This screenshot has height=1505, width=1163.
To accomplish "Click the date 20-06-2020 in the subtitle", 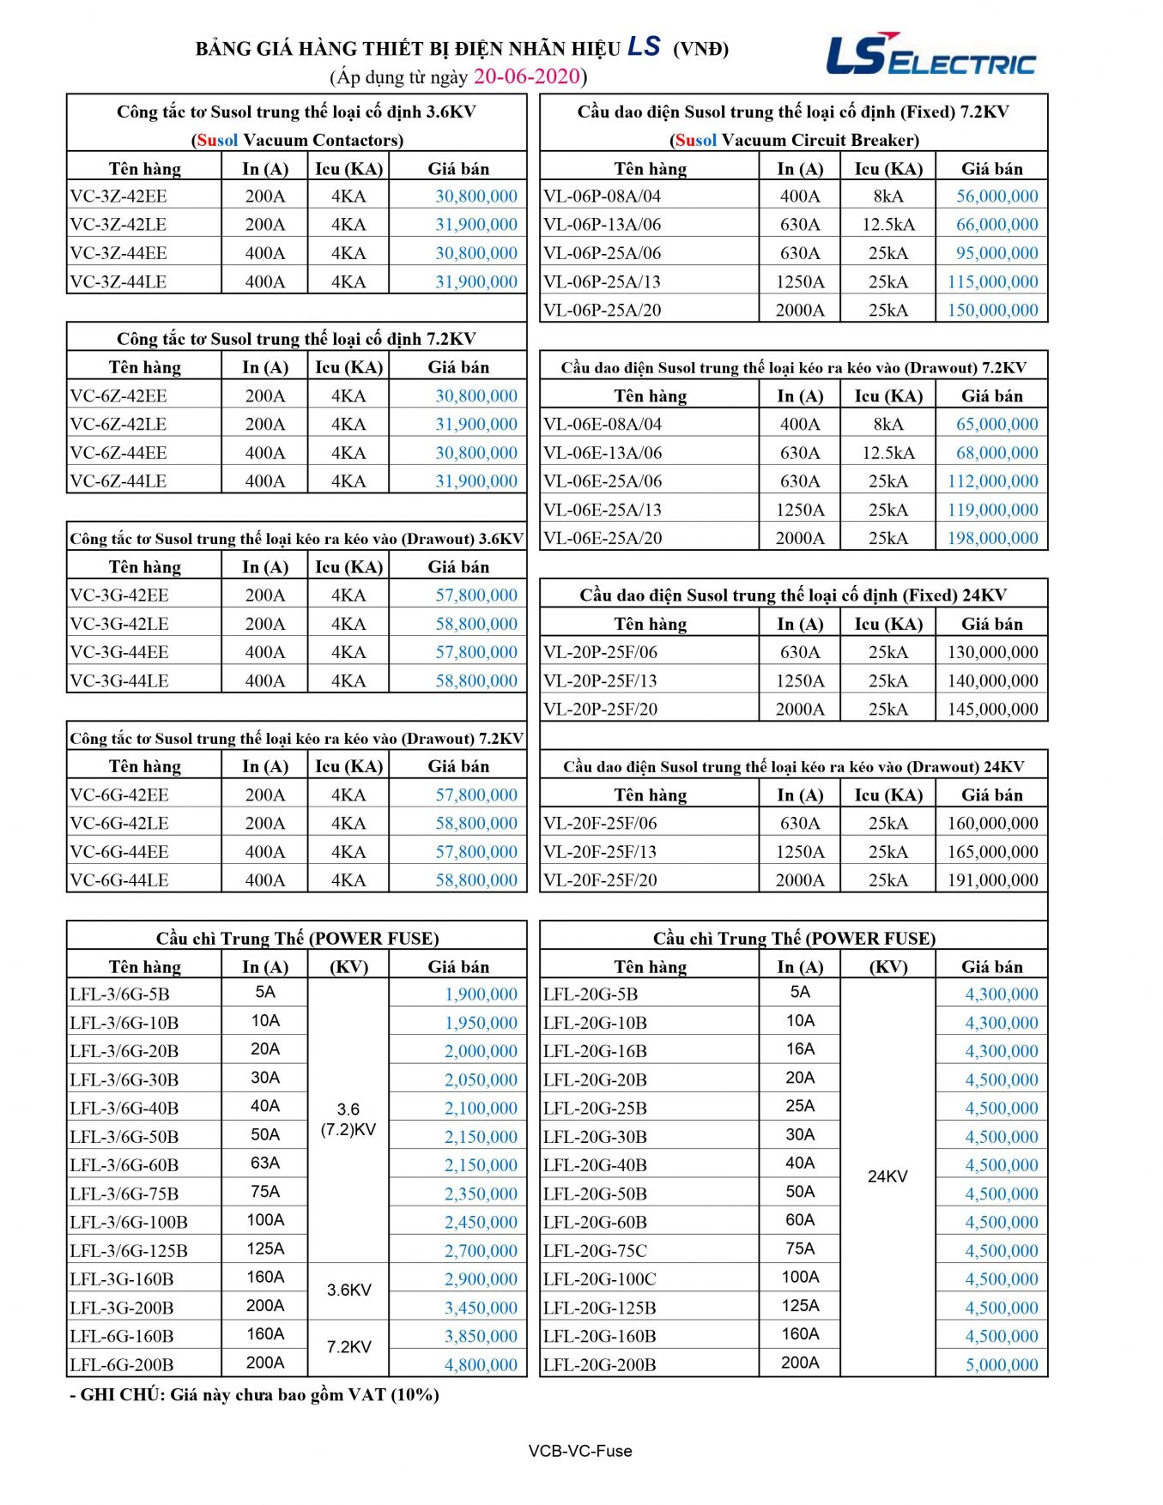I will click(527, 76).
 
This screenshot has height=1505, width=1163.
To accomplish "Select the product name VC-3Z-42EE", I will click(118, 196).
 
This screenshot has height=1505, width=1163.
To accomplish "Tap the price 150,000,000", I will click(992, 310).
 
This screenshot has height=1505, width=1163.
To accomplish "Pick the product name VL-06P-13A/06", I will click(602, 224).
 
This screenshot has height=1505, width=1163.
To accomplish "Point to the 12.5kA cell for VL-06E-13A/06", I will click(887, 452).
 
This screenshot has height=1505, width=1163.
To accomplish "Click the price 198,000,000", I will click(992, 538).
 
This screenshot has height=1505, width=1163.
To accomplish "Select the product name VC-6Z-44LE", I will click(118, 481).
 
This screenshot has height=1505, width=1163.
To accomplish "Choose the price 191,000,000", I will click(992, 879).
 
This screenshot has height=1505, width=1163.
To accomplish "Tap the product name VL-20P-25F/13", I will click(600, 680).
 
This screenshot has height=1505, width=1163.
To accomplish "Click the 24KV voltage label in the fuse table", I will click(887, 1176).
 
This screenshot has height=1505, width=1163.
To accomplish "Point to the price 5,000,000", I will click(1002, 1364).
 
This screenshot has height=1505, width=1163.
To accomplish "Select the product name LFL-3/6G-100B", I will click(129, 1222).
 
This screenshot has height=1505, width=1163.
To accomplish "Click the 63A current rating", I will click(265, 1163).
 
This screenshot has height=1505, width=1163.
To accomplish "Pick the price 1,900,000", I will click(481, 994).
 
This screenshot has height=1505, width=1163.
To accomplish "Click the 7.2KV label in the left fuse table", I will click(348, 1347).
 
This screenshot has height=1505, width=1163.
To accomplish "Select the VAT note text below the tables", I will click(255, 1394).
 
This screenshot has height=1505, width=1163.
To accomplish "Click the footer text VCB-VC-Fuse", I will click(580, 1451).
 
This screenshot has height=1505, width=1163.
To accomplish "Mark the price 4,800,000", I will click(481, 1364).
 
